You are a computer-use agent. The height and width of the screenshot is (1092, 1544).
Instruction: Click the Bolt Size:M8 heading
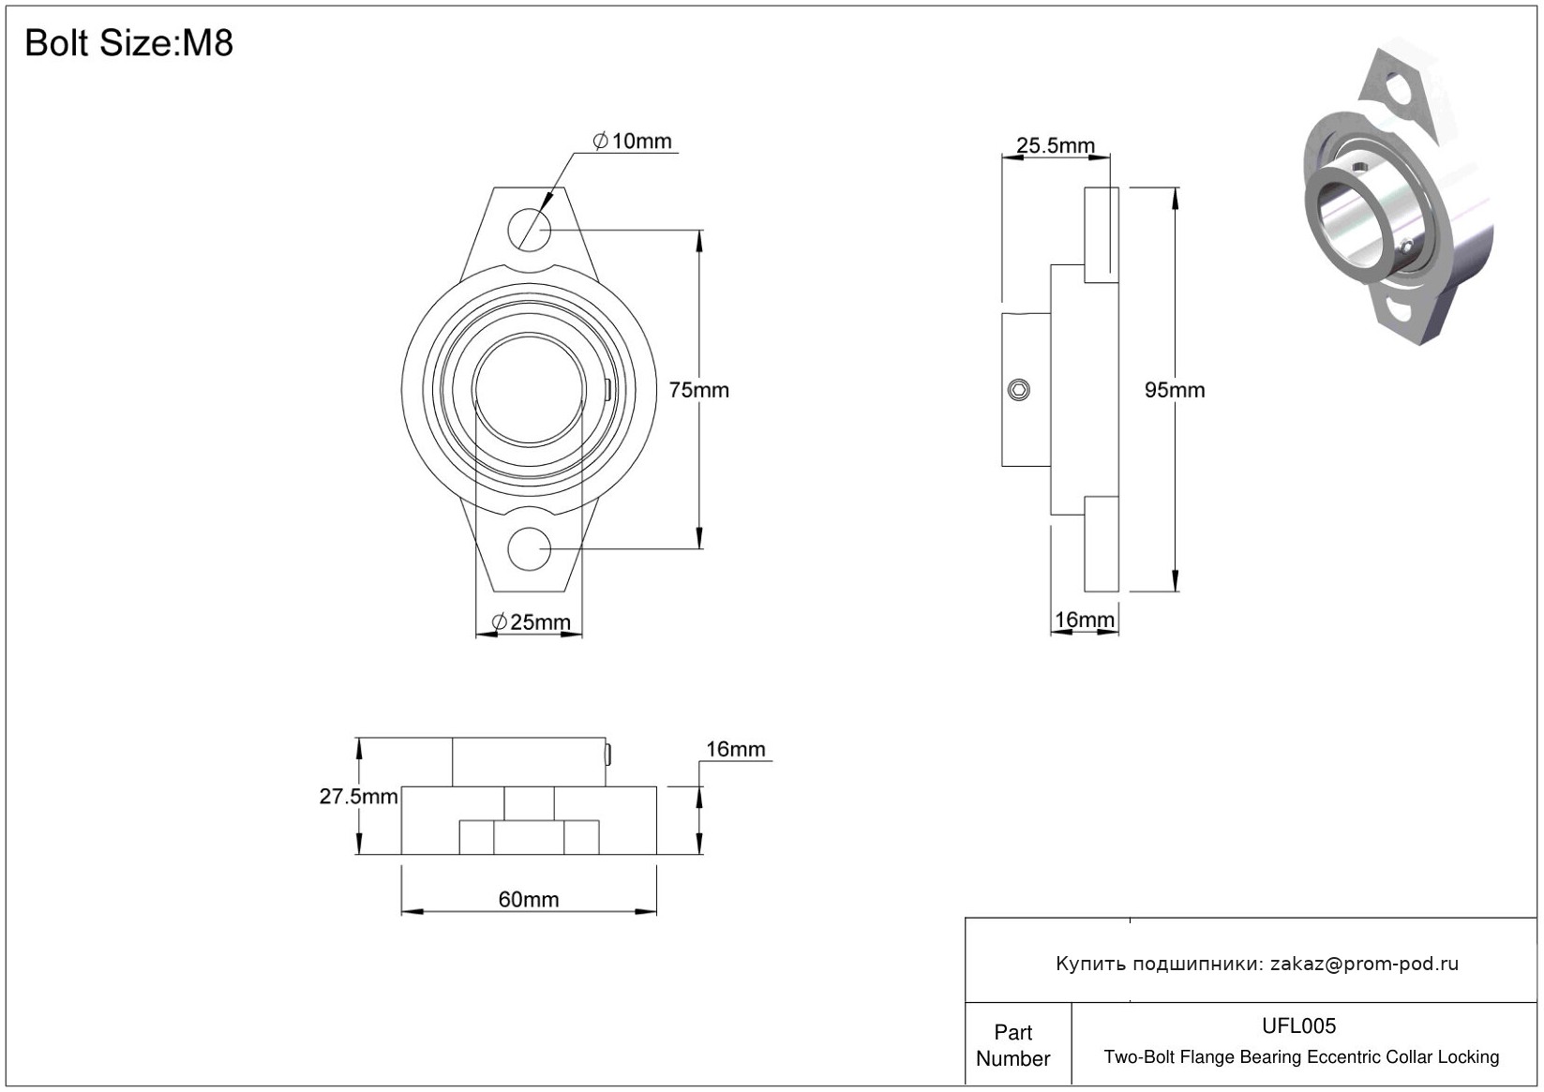tap(128, 43)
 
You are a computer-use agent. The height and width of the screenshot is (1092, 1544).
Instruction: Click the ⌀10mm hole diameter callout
tap(632, 142)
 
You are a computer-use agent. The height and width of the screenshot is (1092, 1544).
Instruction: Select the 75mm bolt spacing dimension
tap(699, 390)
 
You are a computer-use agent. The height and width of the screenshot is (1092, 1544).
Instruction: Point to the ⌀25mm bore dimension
tap(531, 621)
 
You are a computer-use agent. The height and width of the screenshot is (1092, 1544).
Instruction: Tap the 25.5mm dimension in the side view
tap(1056, 145)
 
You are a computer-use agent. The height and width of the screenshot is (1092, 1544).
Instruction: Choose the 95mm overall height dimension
tap(1175, 390)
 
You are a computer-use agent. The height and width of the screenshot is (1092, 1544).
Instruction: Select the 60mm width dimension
tap(529, 899)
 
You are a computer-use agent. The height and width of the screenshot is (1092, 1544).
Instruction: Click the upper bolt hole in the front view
tap(530, 230)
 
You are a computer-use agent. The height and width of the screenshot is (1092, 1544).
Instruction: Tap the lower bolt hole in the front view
tap(530, 548)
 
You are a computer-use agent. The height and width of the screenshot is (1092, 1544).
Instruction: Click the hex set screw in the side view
tap(1019, 390)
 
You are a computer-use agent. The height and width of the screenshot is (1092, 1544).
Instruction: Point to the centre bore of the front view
tap(529, 390)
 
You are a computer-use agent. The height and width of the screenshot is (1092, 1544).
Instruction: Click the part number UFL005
tap(1298, 1025)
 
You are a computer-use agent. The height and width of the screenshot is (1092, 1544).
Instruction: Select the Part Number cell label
tap(1012, 1045)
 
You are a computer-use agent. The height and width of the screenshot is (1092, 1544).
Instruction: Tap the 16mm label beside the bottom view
tap(736, 749)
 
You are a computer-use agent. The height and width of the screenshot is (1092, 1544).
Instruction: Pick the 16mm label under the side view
tap(1085, 620)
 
